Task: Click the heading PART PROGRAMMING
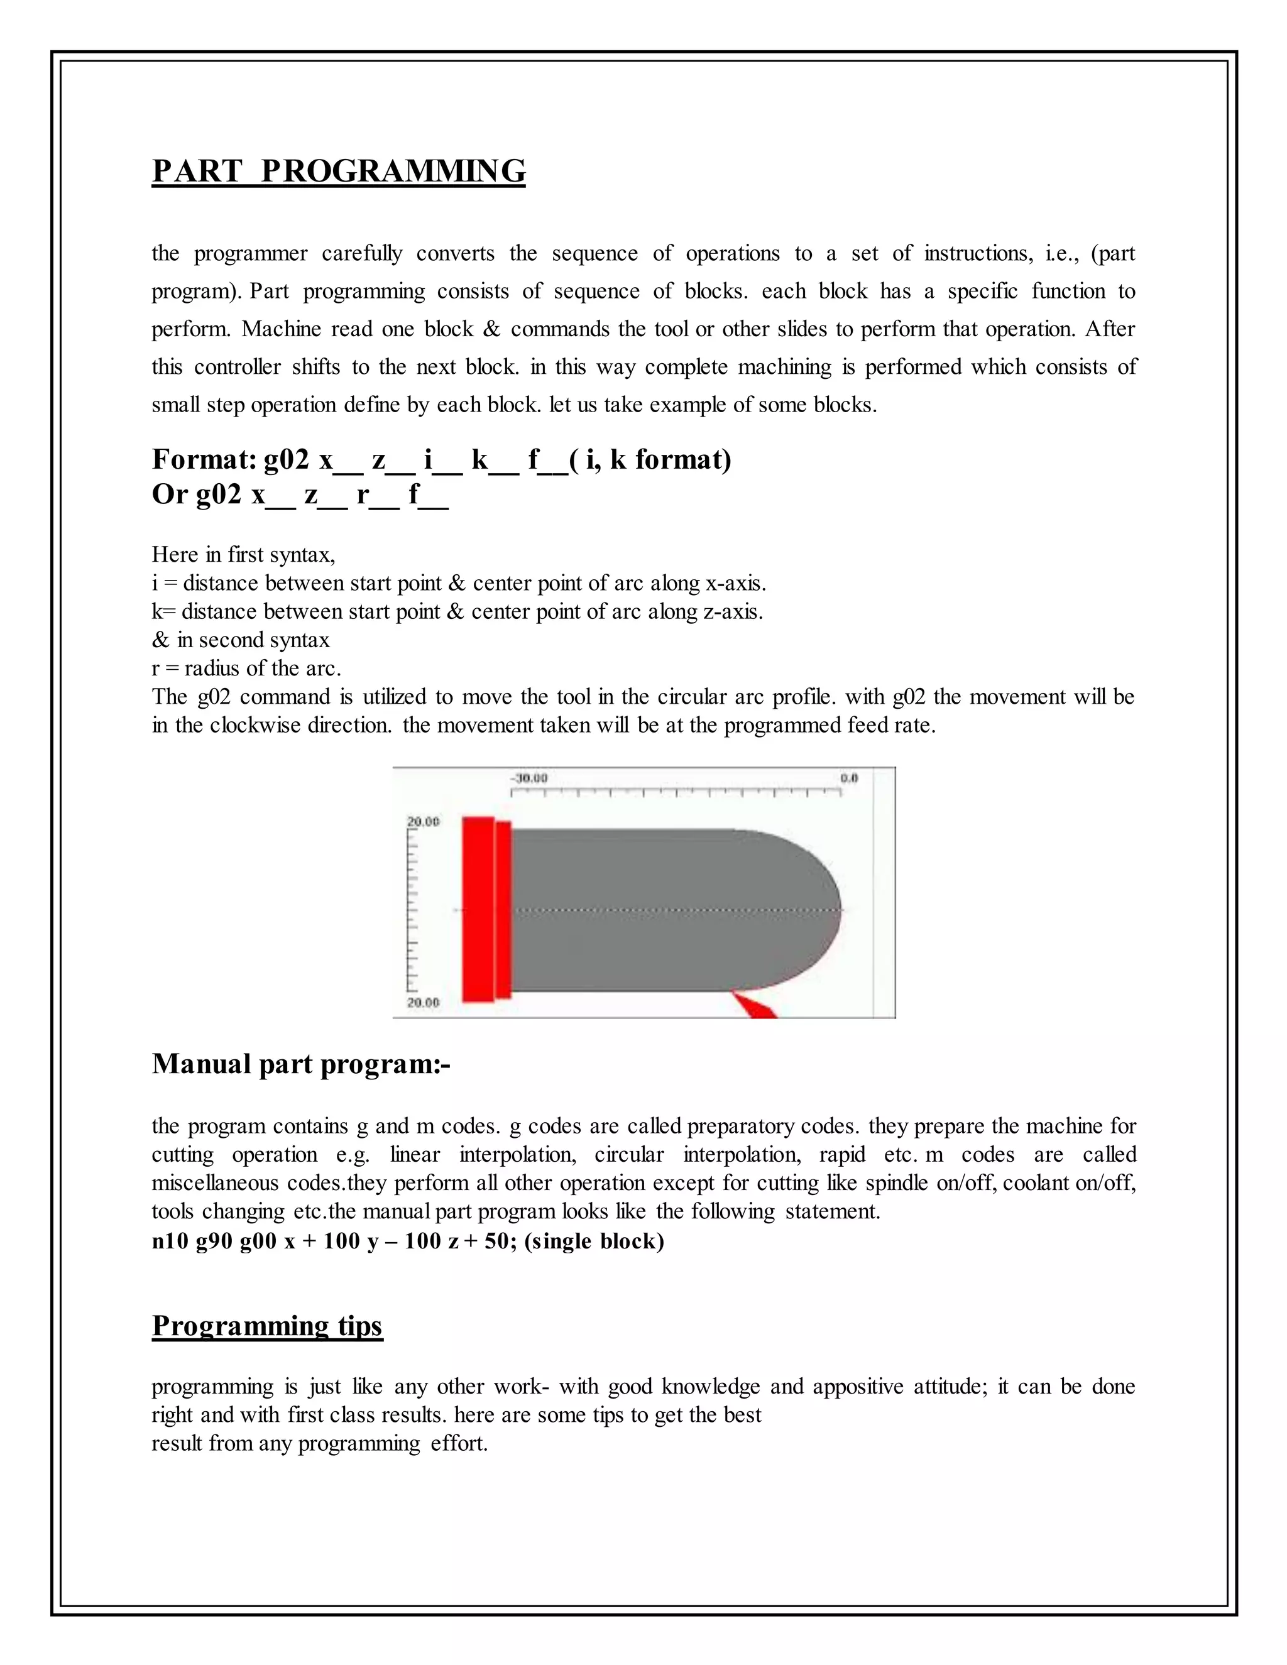339,171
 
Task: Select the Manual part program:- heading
301,1064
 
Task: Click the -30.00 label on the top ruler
528,778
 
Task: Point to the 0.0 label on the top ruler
848,778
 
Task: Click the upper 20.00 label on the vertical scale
423,822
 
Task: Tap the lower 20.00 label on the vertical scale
423,1003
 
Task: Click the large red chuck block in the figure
478,910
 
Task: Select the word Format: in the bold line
204,460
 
